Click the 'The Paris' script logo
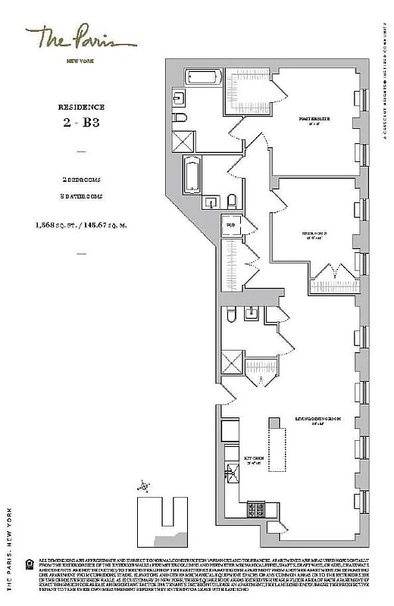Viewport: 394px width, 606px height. (79, 37)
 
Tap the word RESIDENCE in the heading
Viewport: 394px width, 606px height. (81, 108)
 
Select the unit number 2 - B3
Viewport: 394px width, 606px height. (81, 123)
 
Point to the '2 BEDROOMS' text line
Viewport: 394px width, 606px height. (81, 180)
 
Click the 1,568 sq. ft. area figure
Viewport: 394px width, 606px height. (58, 225)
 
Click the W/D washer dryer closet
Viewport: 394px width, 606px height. (229, 224)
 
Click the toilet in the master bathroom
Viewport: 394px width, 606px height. (181, 120)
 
